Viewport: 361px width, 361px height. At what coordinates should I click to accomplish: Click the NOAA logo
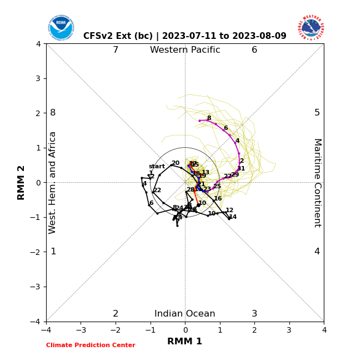pos(61,28)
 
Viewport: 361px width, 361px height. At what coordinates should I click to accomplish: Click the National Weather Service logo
pos(311,28)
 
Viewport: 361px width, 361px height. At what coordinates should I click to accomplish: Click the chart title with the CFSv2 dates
pos(185,36)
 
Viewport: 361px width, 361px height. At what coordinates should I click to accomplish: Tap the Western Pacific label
pos(185,50)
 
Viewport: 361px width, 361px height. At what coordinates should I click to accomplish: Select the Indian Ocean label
pos(185,314)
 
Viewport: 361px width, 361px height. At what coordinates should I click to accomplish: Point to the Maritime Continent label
pos(317,182)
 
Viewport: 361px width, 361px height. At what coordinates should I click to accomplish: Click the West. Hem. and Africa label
pos(53,182)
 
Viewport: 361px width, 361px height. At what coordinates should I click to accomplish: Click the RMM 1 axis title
pos(185,342)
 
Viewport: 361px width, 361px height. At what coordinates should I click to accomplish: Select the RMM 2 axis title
pos(21,182)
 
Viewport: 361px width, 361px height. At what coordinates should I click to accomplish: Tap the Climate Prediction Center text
pos(91,345)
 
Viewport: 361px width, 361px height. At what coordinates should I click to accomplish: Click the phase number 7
pos(116,50)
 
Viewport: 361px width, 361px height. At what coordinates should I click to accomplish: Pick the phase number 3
pos(254,314)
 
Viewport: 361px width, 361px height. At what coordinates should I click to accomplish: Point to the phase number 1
pos(53,252)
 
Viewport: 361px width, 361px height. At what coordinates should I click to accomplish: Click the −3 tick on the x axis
pos(81,330)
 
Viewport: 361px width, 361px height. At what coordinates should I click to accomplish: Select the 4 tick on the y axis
pos(38,44)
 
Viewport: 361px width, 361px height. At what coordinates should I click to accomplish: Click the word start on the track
pos(157,167)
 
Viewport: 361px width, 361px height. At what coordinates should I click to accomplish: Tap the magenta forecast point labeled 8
pos(199,121)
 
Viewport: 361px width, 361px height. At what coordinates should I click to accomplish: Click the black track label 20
pos(176,163)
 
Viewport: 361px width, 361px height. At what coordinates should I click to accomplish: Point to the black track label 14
pos(233,217)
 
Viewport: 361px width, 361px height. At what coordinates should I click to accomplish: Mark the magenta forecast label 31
pos(241,169)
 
